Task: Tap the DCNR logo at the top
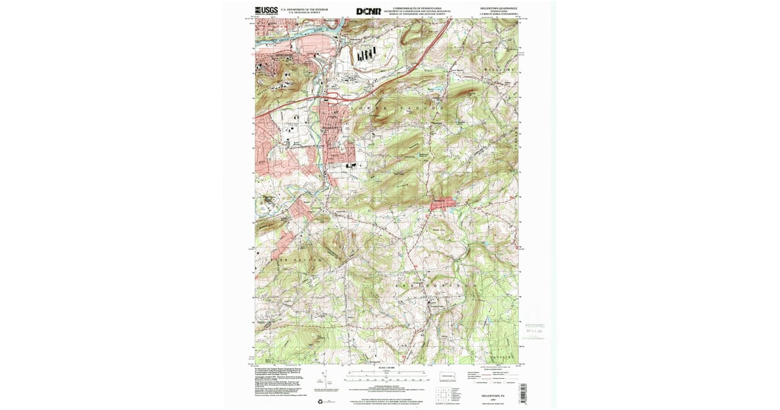[369, 11]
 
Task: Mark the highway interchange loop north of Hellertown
[334, 98]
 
